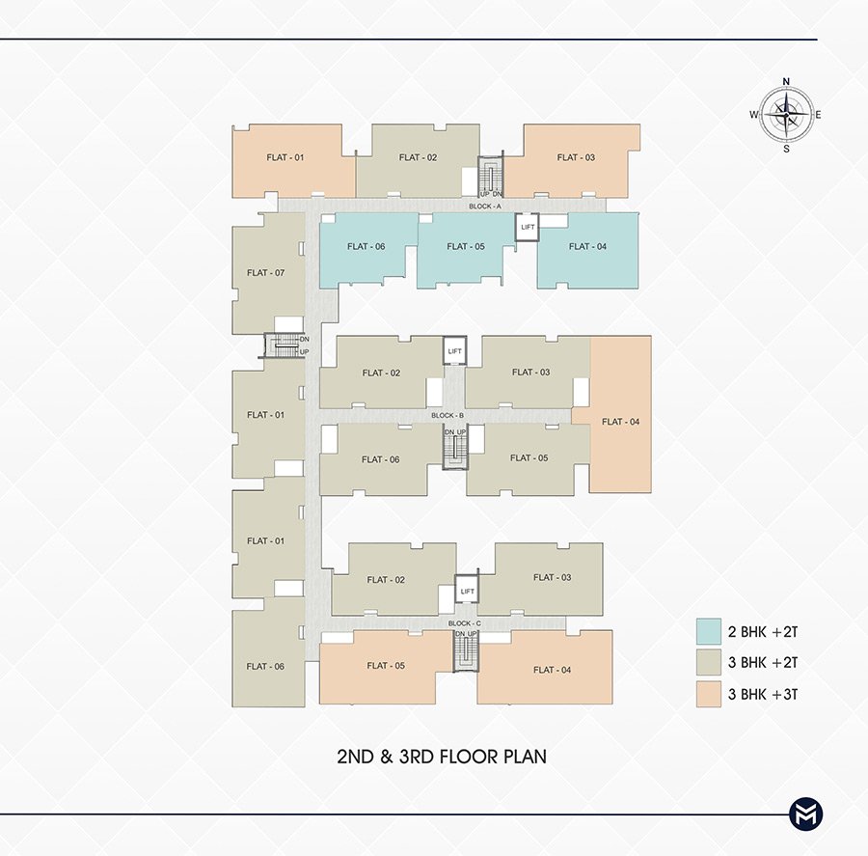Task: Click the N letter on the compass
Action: [x=786, y=82]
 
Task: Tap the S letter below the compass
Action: [x=786, y=149]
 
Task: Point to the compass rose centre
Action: [x=786, y=115]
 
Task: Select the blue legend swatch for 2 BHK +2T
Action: [x=709, y=631]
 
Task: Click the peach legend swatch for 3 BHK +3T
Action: [x=709, y=694]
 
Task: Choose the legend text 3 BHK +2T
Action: [x=763, y=663]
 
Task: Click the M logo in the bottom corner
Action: [x=805, y=814]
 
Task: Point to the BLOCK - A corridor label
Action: [x=485, y=207]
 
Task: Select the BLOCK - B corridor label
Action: [x=448, y=415]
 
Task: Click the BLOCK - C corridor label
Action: [x=465, y=623]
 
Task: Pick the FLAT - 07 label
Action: [x=266, y=272]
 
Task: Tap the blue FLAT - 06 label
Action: [x=366, y=246]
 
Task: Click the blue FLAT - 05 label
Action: [x=466, y=246]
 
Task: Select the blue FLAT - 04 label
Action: [x=587, y=246]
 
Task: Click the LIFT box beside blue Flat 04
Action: [x=527, y=227]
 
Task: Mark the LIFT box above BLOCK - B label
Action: [x=454, y=350]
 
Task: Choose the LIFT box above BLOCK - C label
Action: [x=467, y=592]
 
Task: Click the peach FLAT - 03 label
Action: [x=576, y=157]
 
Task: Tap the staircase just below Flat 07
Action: [x=284, y=345]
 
